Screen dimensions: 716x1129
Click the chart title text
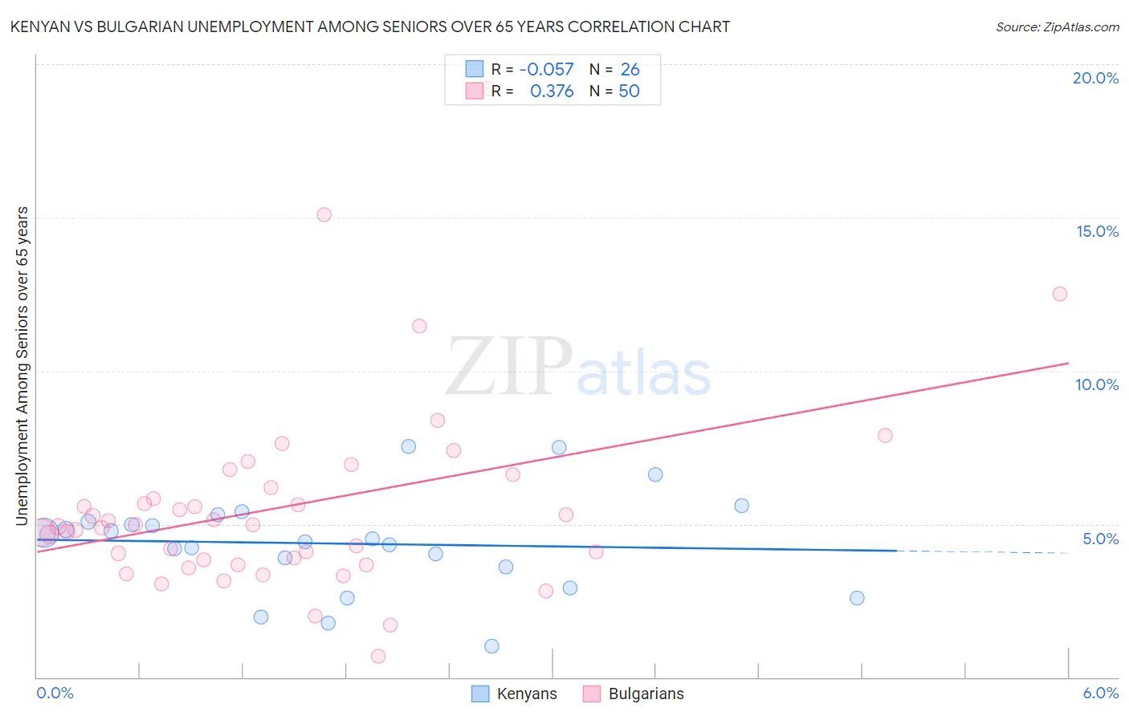(x=369, y=26)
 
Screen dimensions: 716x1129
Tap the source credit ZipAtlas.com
(x=1057, y=27)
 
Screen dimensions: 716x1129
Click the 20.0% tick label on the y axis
(x=1095, y=78)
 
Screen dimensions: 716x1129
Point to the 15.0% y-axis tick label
(x=1097, y=231)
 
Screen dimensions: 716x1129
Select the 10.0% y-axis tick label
(x=1097, y=384)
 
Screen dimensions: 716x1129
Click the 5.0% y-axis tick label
(x=1100, y=539)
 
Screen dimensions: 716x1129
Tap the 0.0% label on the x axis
(x=55, y=693)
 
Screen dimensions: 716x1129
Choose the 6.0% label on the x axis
(x=1100, y=693)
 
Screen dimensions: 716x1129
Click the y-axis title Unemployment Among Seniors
(x=22, y=366)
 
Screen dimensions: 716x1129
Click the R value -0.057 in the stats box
(x=547, y=70)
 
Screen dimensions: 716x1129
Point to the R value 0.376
(x=552, y=92)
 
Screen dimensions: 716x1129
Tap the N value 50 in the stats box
(x=629, y=92)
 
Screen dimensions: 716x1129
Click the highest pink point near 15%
(x=324, y=214)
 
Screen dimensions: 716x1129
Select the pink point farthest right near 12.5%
(x=1059, y=294)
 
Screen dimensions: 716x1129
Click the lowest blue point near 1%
(x=491, y=646)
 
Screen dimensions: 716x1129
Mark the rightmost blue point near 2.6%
(x=857, y=598)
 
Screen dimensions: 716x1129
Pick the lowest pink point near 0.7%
(x=378, y=656)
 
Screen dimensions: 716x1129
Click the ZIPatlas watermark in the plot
(x=578, y=368)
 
